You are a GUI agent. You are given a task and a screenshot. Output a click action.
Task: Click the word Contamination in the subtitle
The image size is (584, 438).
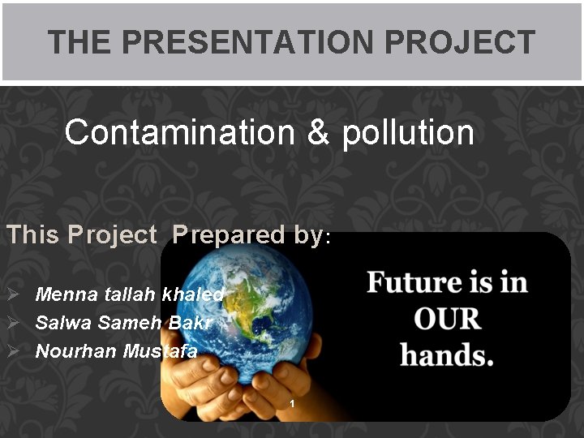coord(179,132)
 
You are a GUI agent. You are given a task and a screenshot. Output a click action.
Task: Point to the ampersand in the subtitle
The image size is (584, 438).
coord(319,132)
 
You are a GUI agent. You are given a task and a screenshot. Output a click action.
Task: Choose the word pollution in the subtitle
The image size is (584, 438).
coord(408,132)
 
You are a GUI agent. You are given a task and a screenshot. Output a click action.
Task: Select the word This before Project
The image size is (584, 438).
coord(33,234)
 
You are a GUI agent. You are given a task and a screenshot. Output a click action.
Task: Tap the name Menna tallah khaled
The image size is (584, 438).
coord(129,294)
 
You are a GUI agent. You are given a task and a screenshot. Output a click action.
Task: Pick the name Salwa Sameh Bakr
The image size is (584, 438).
coord(123,323)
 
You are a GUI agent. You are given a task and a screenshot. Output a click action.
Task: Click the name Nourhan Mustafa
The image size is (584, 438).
coord(116,351)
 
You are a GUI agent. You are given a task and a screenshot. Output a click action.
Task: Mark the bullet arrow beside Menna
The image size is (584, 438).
coord(13,294)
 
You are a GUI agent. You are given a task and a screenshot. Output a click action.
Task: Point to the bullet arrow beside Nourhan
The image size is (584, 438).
coord(13,351)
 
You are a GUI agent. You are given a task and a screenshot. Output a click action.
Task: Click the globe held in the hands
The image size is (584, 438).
coord(243,316)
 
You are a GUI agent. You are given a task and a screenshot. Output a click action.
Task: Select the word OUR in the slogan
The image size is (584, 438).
coord(447,319)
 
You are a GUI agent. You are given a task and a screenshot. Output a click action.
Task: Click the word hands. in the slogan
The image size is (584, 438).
coord(447,355)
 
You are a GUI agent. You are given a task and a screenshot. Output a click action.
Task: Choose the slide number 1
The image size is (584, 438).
coord(293,404)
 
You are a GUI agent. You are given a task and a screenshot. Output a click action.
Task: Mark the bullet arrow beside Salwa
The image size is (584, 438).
coord(13,323)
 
